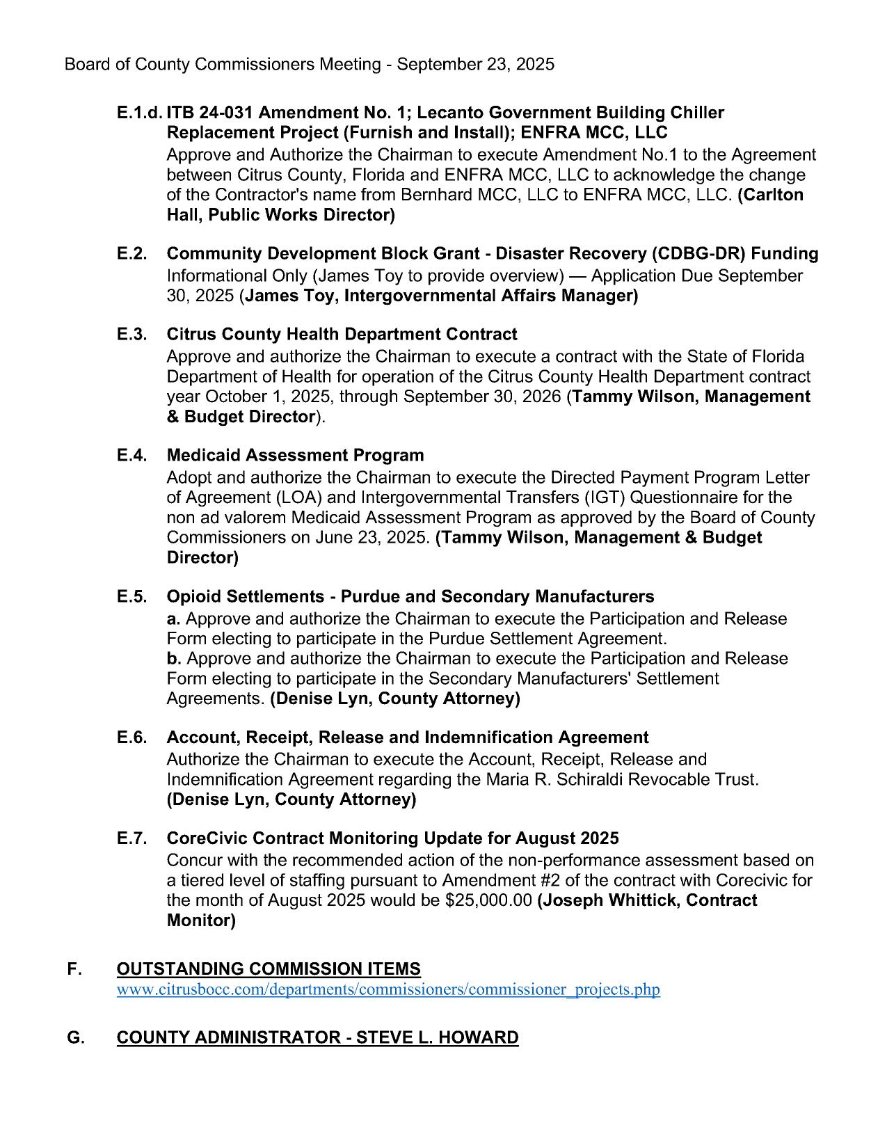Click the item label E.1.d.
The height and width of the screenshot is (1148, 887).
tap(140, 113)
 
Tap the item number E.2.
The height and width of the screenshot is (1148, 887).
tap(131, 254)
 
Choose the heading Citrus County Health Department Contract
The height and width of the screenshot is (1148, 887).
tap(342, 335)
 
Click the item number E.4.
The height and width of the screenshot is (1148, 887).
tap(131, 456)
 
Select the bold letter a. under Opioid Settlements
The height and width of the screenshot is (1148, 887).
tap(173, 619)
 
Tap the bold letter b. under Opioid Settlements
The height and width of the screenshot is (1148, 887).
tap(174, 659)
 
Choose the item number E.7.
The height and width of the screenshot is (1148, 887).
tap(131, 838)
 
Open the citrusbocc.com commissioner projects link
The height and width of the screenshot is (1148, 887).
tap(388, 989)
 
